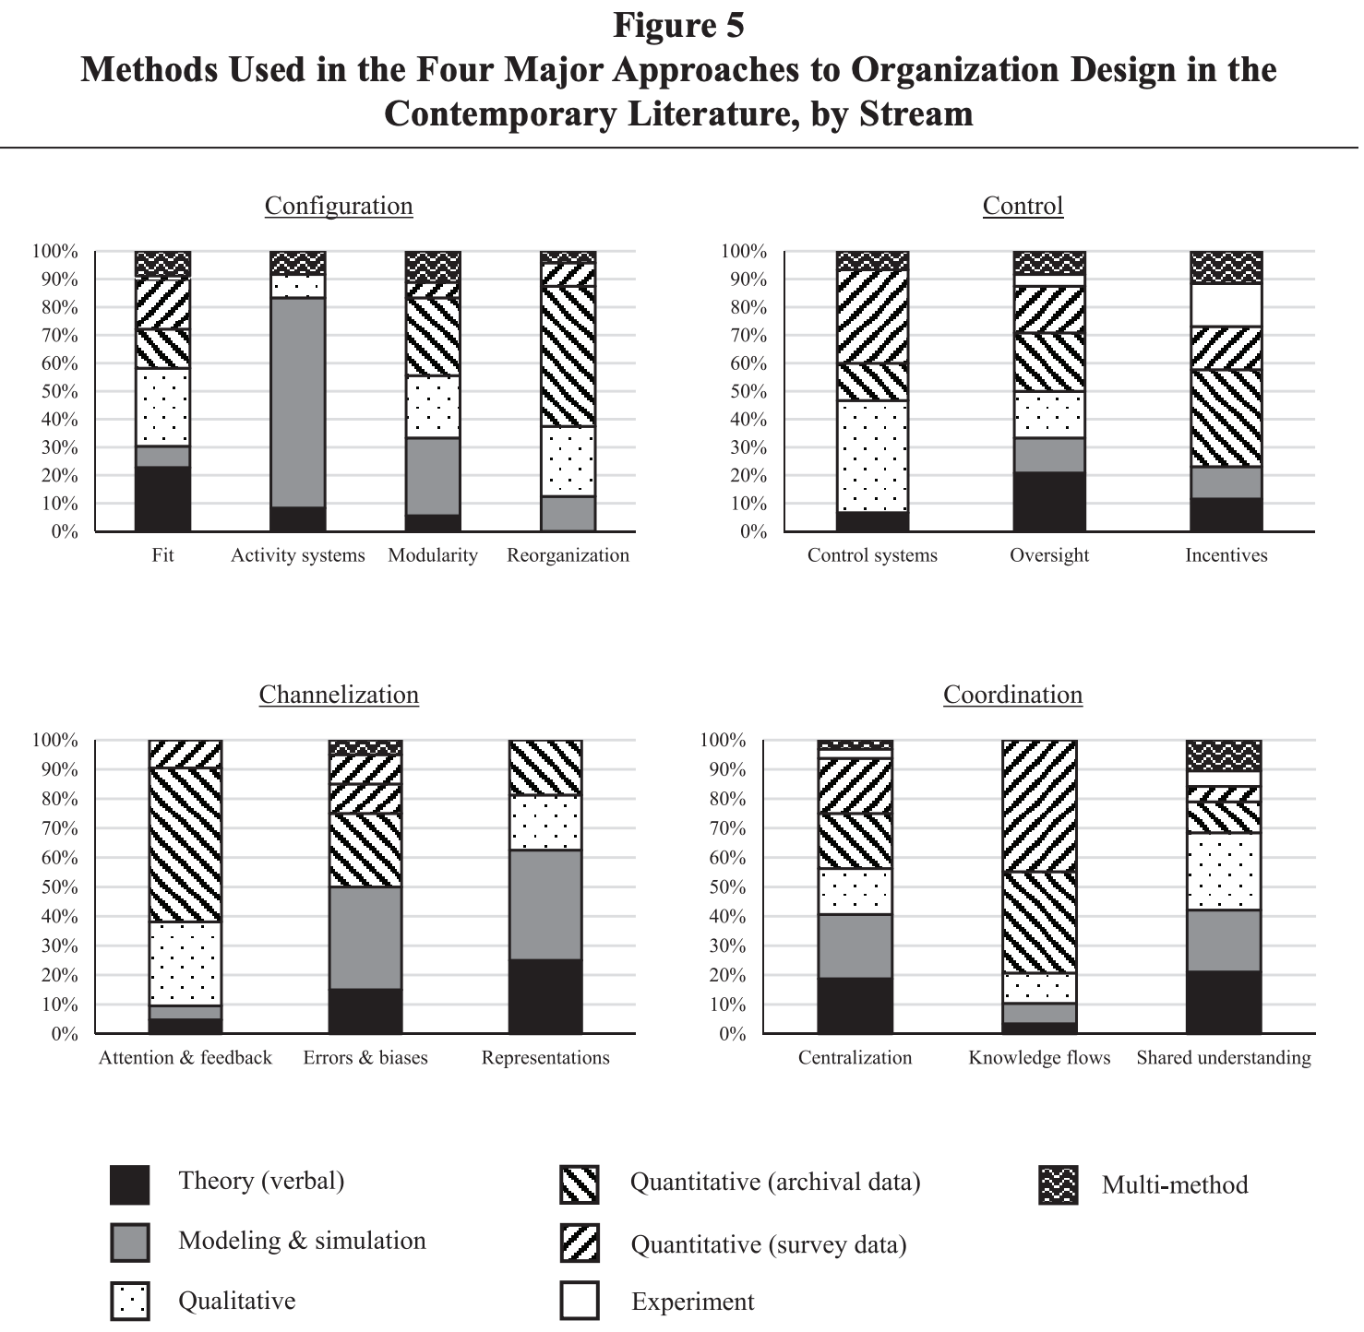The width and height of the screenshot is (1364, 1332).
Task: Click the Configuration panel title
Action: pos(339,206)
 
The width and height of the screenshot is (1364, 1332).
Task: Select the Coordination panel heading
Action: pos(1012,695)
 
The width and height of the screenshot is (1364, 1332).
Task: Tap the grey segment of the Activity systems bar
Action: pos(297,401)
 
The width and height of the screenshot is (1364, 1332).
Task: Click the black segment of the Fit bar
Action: pos(162,498)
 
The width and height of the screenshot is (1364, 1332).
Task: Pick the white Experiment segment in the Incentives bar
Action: pos(1226,305)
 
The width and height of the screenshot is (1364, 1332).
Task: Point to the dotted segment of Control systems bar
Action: pos(872,456)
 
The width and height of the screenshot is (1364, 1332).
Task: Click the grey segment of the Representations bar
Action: pos(545,904)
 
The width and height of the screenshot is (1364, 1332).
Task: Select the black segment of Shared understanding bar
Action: pos(1223,1002)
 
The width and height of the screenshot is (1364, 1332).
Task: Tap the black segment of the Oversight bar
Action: pos(1049,501)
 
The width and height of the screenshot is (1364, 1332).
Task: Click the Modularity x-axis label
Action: pos(433,555)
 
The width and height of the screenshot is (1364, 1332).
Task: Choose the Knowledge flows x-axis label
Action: pos(1039,1058)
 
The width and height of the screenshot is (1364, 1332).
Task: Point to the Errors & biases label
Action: pos(365,1058)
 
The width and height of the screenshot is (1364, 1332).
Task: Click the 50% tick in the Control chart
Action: pos(748,391)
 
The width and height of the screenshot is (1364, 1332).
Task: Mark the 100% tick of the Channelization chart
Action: pos(54,740)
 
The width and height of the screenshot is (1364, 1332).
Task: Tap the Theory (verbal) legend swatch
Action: pos(129,1184)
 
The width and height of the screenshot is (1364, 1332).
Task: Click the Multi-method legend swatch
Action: pos(1058,1185)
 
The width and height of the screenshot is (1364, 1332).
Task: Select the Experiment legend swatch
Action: pos(580,1301)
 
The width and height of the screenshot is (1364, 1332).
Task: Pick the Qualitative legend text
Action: pos(237,1301)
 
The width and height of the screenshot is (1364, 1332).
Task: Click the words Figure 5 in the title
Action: pos(678,26)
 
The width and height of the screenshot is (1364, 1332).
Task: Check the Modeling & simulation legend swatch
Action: pos(129,1243)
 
